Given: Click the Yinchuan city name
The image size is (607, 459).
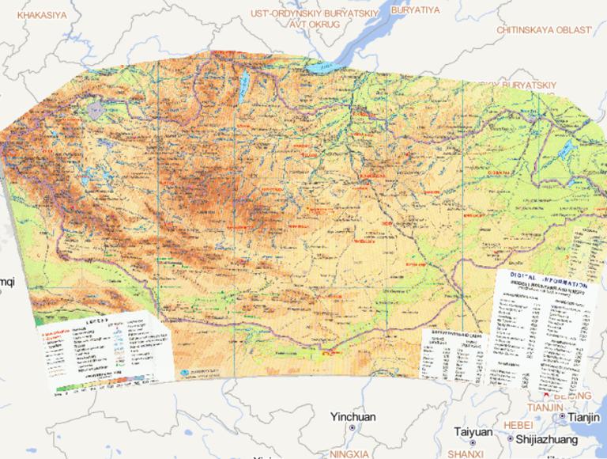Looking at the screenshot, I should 353,417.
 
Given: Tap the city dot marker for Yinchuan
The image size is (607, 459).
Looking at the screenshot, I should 353,428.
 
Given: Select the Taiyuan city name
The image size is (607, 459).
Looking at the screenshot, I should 473,432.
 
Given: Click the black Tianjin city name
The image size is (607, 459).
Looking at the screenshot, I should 584,416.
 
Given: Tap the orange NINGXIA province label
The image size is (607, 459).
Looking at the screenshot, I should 350,453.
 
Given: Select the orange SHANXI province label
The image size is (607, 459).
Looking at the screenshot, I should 465,454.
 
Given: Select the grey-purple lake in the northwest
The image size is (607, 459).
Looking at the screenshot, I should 96,109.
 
